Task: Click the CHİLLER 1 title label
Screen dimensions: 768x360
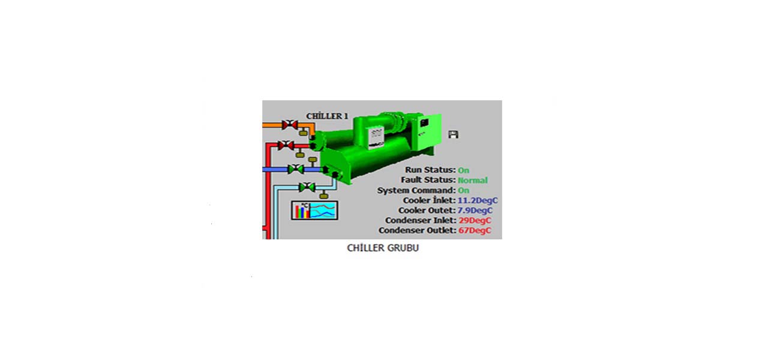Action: (327, 116)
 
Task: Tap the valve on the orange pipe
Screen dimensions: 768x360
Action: (290, 125)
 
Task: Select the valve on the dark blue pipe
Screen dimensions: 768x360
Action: (296, 169)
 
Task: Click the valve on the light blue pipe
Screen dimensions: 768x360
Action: (307, 187)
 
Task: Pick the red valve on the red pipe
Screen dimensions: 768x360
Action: (286, 146)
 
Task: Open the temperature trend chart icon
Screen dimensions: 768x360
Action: (314, 210)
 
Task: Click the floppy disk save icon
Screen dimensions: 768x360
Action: (453, 134)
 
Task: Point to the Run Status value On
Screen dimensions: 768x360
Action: (464, 170)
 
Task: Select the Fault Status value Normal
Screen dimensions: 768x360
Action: (472, 180)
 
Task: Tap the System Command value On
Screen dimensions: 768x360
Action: (464, 190)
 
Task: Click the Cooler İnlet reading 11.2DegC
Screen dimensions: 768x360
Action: (478, 200)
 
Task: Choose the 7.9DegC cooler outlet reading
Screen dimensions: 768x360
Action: (475, 210)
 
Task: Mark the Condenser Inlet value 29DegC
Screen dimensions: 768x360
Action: (475, 220)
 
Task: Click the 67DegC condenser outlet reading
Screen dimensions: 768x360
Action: (475, 230)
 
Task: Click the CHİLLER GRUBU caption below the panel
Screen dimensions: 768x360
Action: (383, 248)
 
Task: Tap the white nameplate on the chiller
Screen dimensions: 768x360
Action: (376, 137)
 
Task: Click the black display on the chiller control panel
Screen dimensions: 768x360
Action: (424, 122)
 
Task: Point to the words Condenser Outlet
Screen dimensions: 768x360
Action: (417, 230)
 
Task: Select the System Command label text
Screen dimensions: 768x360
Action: (416, 190)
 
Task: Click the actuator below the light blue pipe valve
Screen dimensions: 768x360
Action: (323, 196)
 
